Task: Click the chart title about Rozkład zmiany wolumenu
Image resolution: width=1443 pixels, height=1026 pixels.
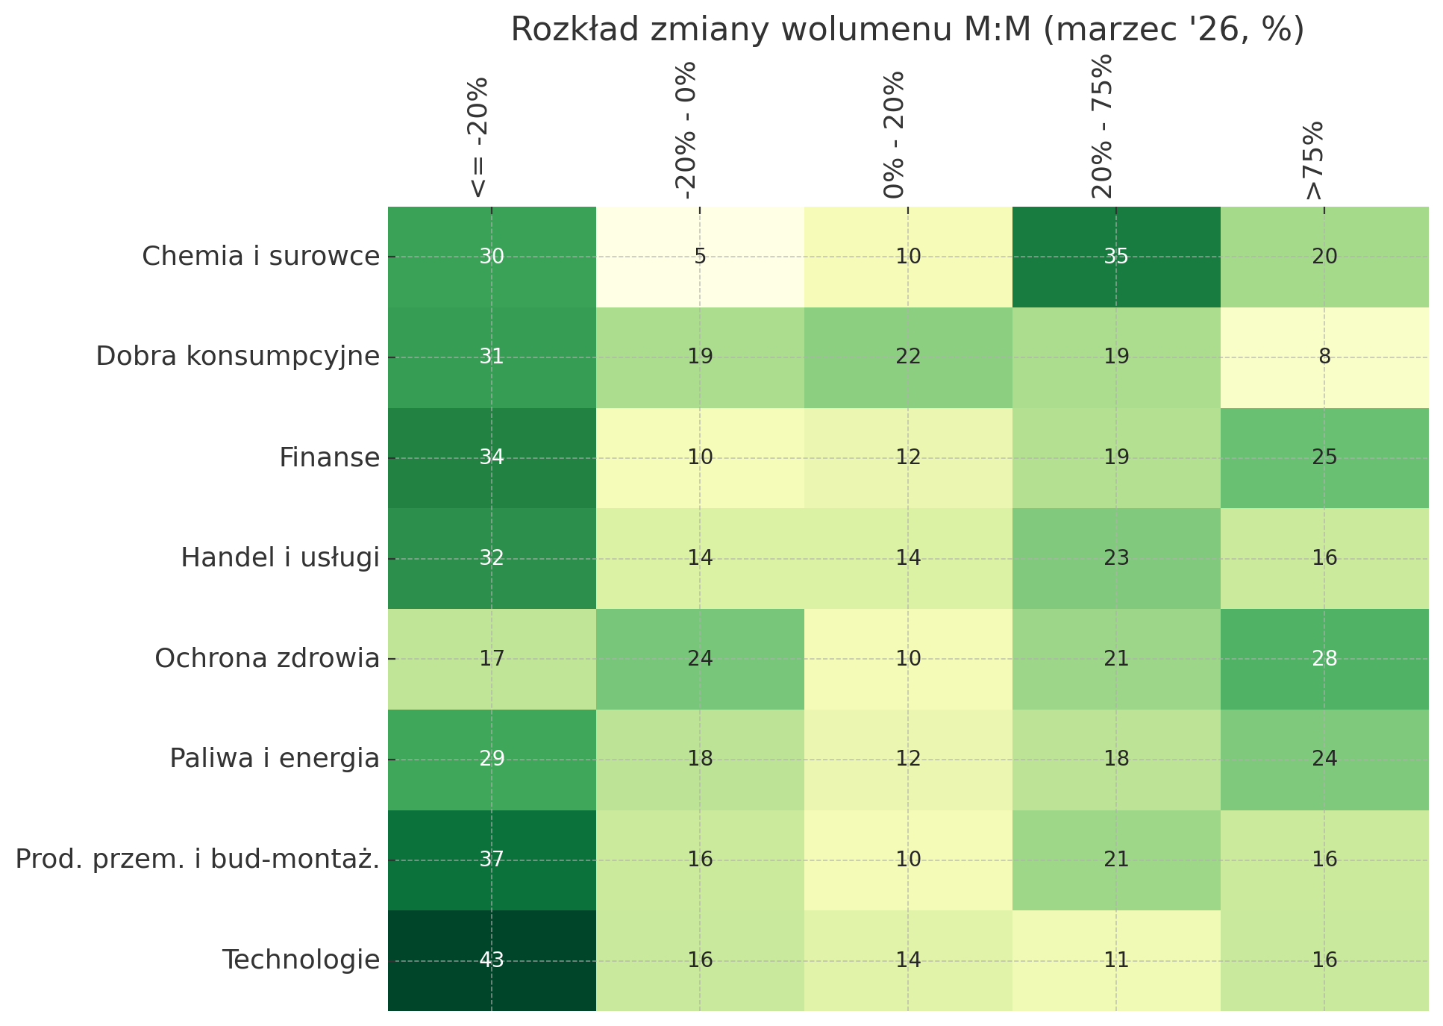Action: pyautogui.click(x=907, y=30)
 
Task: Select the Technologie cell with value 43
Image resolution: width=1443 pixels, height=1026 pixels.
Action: pyautogui.click(x=492, y=960)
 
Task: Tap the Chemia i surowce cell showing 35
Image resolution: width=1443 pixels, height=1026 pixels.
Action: pyautogui.click(x=1116, y=257)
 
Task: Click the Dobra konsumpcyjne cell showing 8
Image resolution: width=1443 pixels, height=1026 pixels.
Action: pyautogui.click(x=1324, y=357)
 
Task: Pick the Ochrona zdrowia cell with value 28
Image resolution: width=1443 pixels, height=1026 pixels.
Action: pyautogui.click(x=1324, y=659)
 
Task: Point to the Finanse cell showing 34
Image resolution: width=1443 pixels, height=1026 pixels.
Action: pyautogui.click(x=492, y=457)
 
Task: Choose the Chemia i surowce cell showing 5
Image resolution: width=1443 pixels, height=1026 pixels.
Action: pyautogui.click(x=700, y=257)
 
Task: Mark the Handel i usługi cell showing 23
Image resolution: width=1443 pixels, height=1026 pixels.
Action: pyautogui.click(x=1116, y=558)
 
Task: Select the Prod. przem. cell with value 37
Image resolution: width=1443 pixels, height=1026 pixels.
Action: pyautogui.click(x=492, y=860)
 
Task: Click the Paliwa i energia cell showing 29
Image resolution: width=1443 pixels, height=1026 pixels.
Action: pyautogui.click(x=492, y=760)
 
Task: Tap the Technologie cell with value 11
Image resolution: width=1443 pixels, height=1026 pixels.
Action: pyautogui.click(x=1116, y=960)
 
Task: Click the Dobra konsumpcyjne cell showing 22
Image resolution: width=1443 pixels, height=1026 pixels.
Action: pyautogui.click(x=908, y=357)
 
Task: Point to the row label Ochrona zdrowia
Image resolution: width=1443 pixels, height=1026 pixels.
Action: pyautogui.click(x=267, y=659)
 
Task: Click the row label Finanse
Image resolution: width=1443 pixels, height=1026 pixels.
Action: pyautogui.click(x=329, y=457)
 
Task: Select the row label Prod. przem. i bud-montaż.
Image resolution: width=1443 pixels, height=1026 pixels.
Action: pyautogui.click(x=198, y=860)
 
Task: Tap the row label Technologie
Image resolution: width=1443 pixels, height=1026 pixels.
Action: pyautogui.click(x=301, y=960)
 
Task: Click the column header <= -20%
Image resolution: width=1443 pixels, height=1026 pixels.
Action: pyautogui.click(x=478, y=138)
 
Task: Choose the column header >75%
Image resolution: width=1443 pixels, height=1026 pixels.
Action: pyautogui.click(x=1312, y=160)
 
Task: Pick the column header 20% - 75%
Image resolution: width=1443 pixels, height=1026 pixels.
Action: pyautogui.click(x=1103, y=127)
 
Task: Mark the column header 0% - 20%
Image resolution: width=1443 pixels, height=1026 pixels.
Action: pyautogui.click(x=895, y=135)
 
